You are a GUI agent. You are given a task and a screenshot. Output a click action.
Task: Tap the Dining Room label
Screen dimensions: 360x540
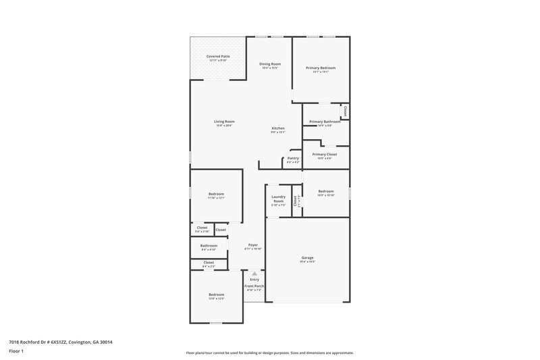pos(270,64)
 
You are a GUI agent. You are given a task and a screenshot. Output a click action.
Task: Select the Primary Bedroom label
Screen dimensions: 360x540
pos(321,68)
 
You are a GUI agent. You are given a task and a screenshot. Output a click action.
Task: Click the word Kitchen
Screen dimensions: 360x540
pos(278,128)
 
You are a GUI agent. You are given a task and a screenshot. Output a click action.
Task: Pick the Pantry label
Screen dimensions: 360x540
pos(293,158)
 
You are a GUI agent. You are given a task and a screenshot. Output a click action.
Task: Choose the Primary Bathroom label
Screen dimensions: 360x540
pos(325,122)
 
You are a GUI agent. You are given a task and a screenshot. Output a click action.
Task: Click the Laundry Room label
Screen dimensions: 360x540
pos(278,199)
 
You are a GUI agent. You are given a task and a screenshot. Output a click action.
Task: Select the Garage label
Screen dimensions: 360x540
pos(307,257)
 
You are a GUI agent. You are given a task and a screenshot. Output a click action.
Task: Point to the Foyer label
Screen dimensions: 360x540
pos(253,245)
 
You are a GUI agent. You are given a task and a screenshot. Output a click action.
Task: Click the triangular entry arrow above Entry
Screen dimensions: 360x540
pos(254,274)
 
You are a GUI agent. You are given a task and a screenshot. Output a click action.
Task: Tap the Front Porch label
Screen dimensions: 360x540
pos(254,286)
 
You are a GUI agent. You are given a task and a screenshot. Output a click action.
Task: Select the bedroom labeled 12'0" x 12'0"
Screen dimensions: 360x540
pos(216,294)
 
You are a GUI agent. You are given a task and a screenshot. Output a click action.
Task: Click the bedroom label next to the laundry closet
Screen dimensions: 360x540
pos(326,191)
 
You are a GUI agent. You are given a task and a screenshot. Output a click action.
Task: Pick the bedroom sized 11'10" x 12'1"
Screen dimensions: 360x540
pos(216,195)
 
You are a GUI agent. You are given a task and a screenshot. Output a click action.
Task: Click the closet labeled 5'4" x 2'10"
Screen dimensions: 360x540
pos(202,228)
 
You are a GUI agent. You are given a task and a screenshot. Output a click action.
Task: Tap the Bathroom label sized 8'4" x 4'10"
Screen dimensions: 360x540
pos(209,246)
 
